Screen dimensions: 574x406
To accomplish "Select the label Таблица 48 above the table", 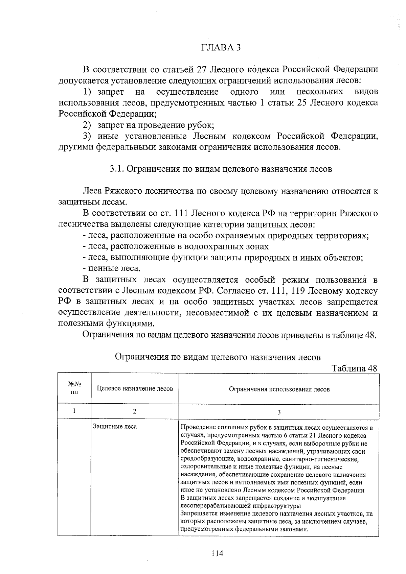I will (354, 368).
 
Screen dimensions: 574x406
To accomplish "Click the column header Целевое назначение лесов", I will (135, 389).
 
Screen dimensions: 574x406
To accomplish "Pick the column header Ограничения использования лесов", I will (279, 389).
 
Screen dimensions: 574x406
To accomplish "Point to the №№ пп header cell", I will (74, 388).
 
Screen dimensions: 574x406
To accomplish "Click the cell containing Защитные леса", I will (115, 427).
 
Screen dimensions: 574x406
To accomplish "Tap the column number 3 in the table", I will (279, 412).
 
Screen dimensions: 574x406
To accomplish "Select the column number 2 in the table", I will (135, 411).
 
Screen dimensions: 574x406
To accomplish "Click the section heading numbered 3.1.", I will (221, 169).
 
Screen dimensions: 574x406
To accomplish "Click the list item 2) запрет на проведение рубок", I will (149, 125).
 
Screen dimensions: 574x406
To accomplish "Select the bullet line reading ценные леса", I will (112, 269).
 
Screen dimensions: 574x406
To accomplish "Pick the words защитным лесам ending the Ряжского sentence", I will (93, 202).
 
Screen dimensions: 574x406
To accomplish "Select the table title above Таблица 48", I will (218, 357).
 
